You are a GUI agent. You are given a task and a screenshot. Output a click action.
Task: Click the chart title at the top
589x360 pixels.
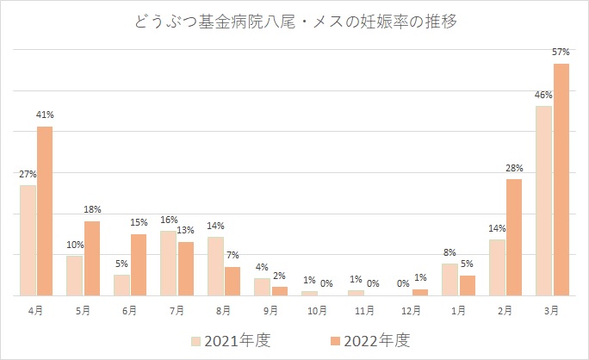[294, 22]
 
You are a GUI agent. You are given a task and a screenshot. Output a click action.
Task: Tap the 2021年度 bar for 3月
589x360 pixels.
[543, 201]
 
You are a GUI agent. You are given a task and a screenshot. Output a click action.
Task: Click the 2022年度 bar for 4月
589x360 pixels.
[45, 211]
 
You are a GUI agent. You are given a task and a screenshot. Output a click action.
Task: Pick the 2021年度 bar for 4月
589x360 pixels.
[28, 240]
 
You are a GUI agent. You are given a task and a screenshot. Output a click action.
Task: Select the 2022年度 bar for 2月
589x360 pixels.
[514, 237]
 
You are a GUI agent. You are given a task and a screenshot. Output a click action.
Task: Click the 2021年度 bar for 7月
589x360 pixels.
[168, 263]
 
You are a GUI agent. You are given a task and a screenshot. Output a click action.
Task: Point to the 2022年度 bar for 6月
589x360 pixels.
[139, 264]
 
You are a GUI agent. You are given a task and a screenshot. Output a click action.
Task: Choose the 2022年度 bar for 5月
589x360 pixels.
[91, 258]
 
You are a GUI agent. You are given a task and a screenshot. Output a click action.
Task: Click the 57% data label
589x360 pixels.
[561, 53]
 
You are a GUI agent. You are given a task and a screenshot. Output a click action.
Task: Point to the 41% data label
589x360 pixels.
[45, 115]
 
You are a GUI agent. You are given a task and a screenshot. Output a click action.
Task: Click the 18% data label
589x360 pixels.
[92, 209]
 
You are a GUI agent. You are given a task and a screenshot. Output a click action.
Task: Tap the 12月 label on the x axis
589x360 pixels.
[412, 309]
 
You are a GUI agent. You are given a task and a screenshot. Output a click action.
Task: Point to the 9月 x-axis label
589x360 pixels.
[271, 309]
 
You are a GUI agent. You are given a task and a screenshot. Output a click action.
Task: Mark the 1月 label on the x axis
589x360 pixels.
[459, 309]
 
